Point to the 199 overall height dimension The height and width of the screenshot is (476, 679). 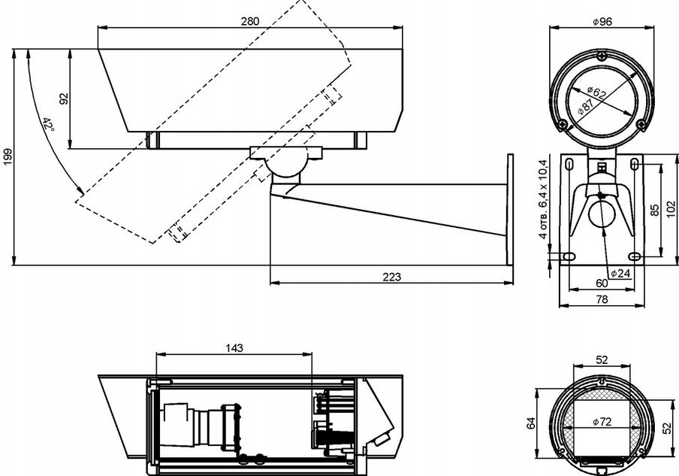click(x=8, y=156)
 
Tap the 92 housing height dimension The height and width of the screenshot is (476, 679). click(x=63, y=99)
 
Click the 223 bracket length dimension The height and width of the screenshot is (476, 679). click(x=391, y=277)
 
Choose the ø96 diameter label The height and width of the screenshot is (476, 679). click(x=602, y=22)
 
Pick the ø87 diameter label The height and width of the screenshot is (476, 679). click(x=587, y=107)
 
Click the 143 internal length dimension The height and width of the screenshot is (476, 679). click(x=234, y=348)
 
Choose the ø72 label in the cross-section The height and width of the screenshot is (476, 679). click(x=602, y=422)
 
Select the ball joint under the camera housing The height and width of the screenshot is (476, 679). click(x=285, y=165)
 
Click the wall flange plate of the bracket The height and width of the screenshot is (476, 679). click(x=510, y=210)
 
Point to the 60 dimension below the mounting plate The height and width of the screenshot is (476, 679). click(x=601, y=283)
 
